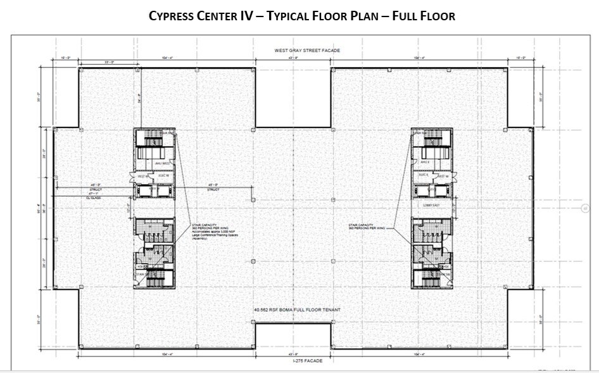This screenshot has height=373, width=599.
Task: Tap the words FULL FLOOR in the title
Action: coord(424,16)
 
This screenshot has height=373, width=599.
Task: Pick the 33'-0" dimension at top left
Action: coord(96,62)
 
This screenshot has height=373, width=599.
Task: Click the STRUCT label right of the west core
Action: coord(213,190)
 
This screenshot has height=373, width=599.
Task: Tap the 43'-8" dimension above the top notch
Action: coord(293,58)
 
